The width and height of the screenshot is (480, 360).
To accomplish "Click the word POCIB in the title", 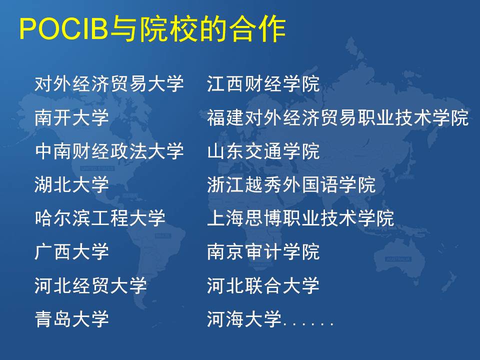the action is pyautogui.click(x=64, y=29).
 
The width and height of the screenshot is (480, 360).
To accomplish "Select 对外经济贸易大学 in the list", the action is pyautogui.click(x=109, y=83).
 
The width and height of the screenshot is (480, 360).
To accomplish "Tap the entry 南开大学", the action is pyautogui.click(x=71, y=117).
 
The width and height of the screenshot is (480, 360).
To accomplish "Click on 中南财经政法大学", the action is pyautogui.click(x=109, y=151).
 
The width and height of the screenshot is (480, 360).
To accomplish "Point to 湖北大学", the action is pyautogui.click(x=71, y=184).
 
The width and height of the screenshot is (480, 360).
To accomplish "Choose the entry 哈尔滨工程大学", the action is pyautogui.click(x=100, y=218).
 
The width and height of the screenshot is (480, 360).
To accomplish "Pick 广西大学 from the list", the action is pyautogui.click(x=71, y=252).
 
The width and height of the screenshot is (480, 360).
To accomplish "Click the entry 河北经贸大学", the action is pyautogui.click(x=90, y=285).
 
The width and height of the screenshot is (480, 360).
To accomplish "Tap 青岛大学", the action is pyautogui.click(x=71, y=319).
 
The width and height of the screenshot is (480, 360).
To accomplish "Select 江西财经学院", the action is pyautogui.click(x=263, y=83).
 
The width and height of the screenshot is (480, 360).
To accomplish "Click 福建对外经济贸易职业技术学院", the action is pyautogui.click(x=337, y=117).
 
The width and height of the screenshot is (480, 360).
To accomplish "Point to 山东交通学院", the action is pyautogui.click(x=263, y=151).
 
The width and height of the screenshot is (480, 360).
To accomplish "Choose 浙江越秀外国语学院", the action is pyautogui.click(x=291, y=184).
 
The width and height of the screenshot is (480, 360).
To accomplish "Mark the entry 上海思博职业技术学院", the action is pyautogui.click(x=300, y=218).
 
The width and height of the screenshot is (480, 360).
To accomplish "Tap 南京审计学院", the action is pyautogui.click(x=263, y=252).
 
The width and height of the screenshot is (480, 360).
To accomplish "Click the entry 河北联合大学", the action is pyautogui.click(x=263, y=285).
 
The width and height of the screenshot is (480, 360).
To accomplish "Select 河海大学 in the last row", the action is pyautogui.click(x=244, y=319).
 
